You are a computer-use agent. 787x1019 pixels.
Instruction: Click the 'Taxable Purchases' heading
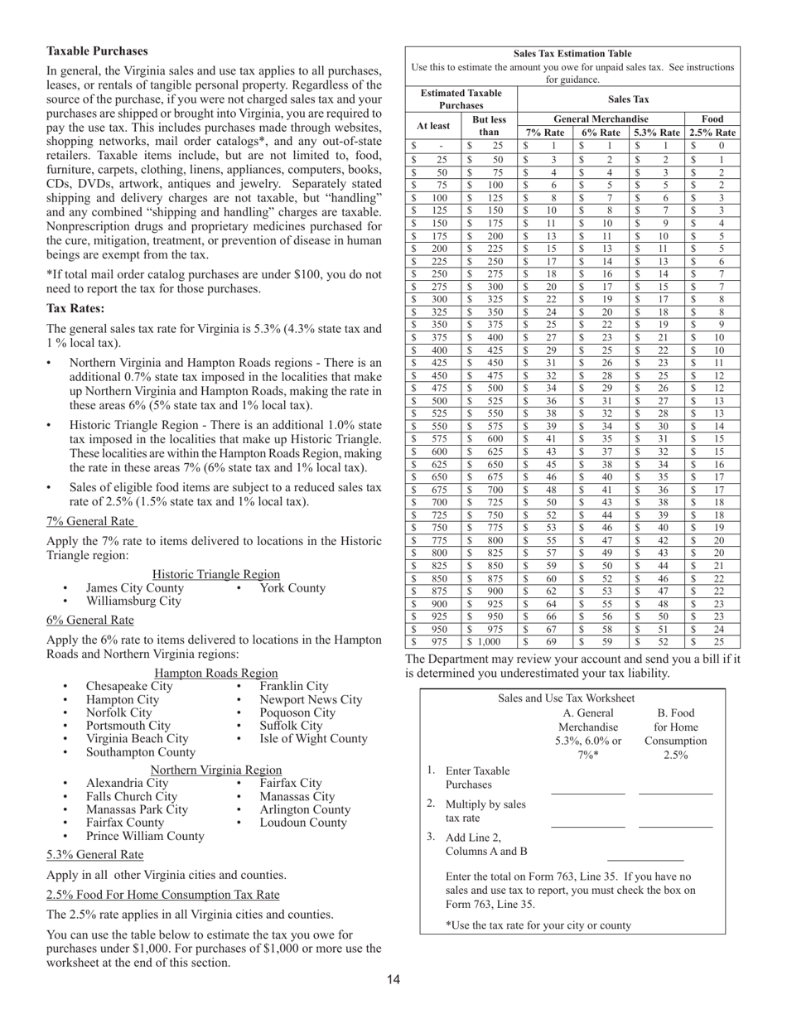tap(97, 51)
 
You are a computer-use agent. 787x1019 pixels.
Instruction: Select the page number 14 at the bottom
tap(393, 980)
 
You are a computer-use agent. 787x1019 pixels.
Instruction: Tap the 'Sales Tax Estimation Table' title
tap(572, 54)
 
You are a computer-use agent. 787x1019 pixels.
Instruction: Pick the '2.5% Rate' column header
tap(712, 133)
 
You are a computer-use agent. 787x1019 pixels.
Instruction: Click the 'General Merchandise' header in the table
tap(601, 118)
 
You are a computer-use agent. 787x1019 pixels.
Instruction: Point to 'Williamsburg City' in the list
tap(133, 601)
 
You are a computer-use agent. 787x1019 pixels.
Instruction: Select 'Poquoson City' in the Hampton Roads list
tap(297, 712)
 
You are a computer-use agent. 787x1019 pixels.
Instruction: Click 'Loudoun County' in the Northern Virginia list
tap(303, 823)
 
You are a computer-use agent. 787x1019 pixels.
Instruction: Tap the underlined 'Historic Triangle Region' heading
tap(216, 574)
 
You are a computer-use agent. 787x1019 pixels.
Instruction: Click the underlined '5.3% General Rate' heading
tap(94, 854)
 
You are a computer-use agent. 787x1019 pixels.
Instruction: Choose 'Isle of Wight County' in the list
tap(313, 738)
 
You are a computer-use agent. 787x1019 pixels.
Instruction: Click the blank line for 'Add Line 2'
tap(645, 858)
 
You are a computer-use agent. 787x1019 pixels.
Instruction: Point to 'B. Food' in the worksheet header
tap(675, 713)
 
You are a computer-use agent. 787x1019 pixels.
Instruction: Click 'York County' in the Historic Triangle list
tap(292, 588)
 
